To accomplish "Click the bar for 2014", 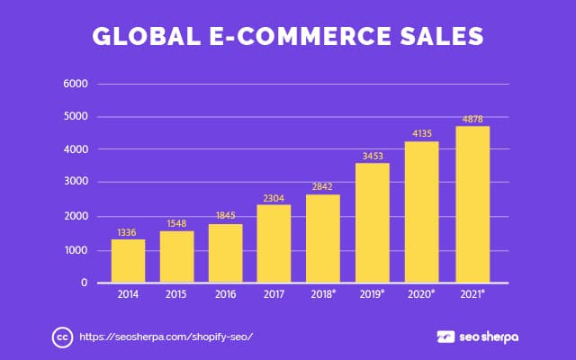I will coord(128,261).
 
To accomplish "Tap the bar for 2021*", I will coord(472,204).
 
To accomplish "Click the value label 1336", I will coord(128,233).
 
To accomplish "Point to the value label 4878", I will coord(472,121).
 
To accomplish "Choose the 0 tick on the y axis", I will coord(82,283).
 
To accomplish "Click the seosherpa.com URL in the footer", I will coord(166,337).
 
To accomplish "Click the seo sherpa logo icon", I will coord(445,337).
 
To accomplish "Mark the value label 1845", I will coord(226,218).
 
